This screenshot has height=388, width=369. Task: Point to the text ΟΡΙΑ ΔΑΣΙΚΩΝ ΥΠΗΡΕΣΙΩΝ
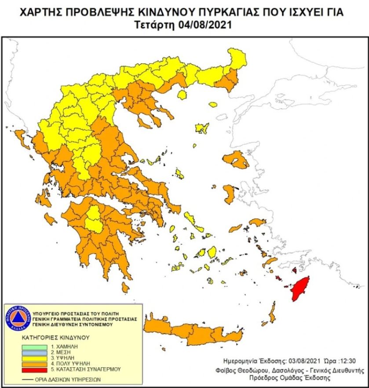[x=68, y=379]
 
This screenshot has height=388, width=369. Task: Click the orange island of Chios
[x=230, y=193]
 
